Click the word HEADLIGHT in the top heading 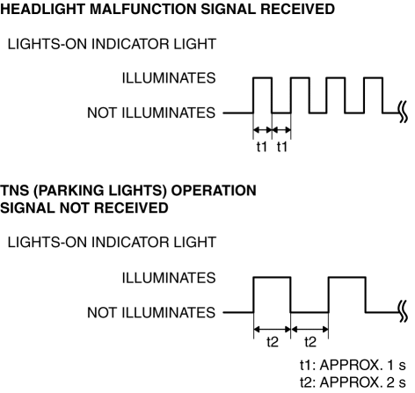(x=43, y=9)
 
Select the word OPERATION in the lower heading (x=214, y=191)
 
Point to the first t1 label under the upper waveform (x=262, y=147)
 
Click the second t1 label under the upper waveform (x=282, y=147)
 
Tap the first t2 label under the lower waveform (x=273, y=342)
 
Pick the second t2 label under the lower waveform (x=310, y=342)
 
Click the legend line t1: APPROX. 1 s (x=353, y=365)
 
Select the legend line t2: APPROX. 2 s (x=353, y=382)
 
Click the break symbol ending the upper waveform (x=403, y=113)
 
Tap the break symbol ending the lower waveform (x=403, y=312)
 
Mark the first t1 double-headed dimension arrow (x=263, y=129)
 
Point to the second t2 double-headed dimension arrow (x=309, y=330)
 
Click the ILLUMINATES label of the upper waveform (x=169, y=78)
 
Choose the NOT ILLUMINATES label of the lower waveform (x=151, y=313)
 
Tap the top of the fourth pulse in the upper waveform (x=373, y=78)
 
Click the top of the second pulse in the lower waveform (x=347, y=277)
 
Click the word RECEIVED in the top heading (x=298, y=9)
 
